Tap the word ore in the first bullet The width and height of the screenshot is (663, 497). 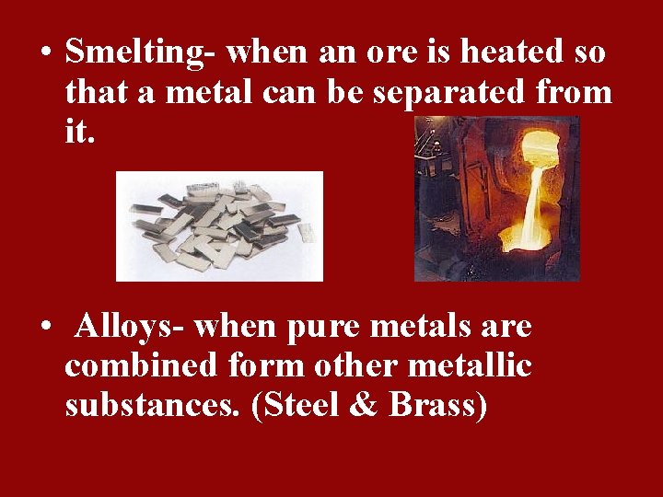coord(390,53)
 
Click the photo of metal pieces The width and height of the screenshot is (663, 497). coord(219,225)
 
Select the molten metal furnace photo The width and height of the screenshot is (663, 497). coord(496,198)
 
